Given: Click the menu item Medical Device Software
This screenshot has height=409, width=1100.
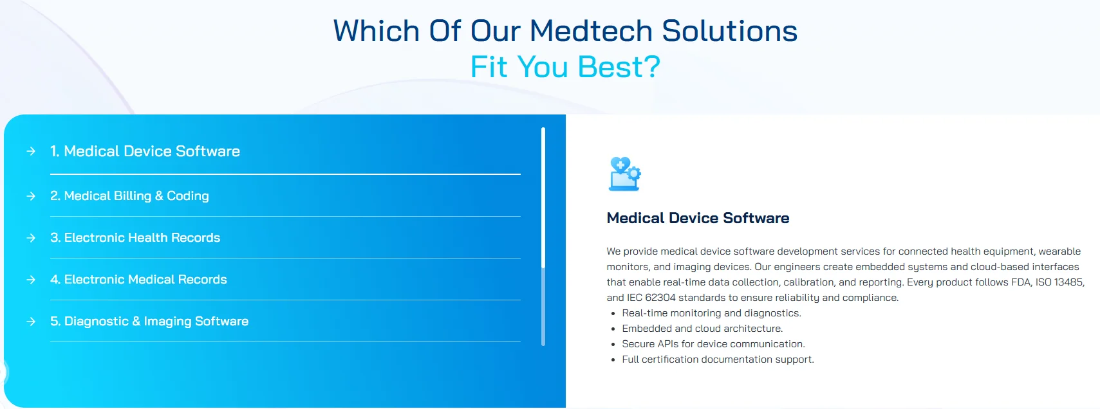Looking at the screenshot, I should point(152,151).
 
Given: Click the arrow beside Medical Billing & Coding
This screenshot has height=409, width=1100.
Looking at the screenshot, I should point(31,195).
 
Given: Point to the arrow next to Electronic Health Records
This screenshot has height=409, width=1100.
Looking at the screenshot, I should point(31,237).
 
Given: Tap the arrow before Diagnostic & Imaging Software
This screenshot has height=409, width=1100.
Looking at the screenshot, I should point(31,321).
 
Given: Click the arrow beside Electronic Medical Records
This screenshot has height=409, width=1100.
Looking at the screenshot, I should point(31,279).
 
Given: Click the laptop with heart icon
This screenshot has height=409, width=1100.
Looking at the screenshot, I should point(624,174).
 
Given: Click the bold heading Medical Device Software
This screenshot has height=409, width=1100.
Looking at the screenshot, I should point(698,218).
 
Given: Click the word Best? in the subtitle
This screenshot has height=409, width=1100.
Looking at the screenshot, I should point(619,67).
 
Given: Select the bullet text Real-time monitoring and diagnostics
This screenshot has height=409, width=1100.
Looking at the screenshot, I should point(711,313).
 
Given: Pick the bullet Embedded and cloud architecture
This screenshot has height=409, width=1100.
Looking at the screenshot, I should point(702,329).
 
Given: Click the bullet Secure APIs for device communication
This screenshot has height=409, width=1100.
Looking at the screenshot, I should point(713,344).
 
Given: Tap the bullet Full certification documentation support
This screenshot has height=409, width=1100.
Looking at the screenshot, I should point(718,359).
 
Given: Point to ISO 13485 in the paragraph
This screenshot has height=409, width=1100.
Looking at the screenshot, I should point(1059,282).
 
